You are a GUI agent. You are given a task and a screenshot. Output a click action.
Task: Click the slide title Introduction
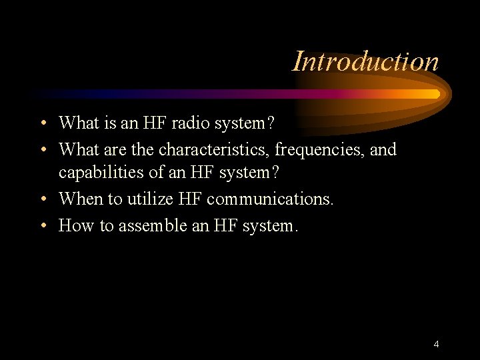pos(366,61)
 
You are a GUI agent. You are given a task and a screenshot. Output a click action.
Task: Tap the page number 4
pos(436,344)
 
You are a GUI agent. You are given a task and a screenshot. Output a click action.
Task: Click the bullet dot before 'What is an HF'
pos(42,124)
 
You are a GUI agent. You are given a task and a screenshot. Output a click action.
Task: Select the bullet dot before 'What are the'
pos(42,150)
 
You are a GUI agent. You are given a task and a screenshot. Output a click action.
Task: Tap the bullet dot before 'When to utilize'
pos(42,199)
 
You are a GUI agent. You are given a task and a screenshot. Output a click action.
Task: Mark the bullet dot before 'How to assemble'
pos(42,227)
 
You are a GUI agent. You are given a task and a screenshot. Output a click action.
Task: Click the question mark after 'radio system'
pos(269,123)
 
